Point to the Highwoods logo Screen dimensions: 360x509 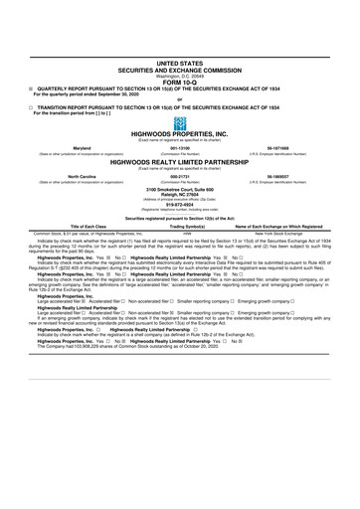(179, 123)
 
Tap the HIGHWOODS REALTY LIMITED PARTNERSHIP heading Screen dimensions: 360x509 (179, 160)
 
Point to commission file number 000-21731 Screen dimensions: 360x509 (179, 175)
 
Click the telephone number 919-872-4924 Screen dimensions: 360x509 (179, 204)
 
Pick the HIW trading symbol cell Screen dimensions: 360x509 (179, 234)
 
